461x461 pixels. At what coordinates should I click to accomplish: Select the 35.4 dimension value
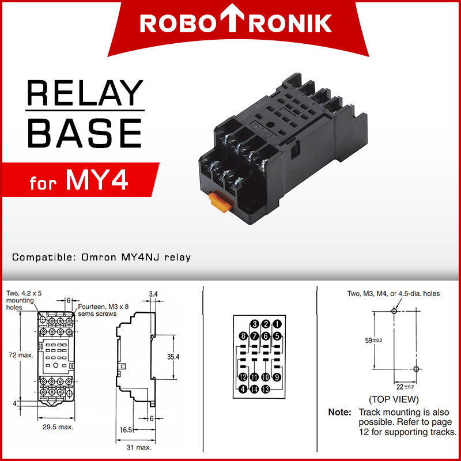tap(173, 357)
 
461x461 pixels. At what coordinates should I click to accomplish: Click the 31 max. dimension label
tap(139, 447)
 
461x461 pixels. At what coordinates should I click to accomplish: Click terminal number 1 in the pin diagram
tap(277, 324)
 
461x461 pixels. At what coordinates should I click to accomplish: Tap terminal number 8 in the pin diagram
tap(244, 336)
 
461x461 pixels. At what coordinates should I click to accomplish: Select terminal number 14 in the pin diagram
tap(255, 389)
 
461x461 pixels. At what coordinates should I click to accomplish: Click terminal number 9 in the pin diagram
tap(277, 377)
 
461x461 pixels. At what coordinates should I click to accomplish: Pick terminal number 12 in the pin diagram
tap(243, 377)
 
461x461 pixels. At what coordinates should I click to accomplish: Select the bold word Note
tap(339, 412)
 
